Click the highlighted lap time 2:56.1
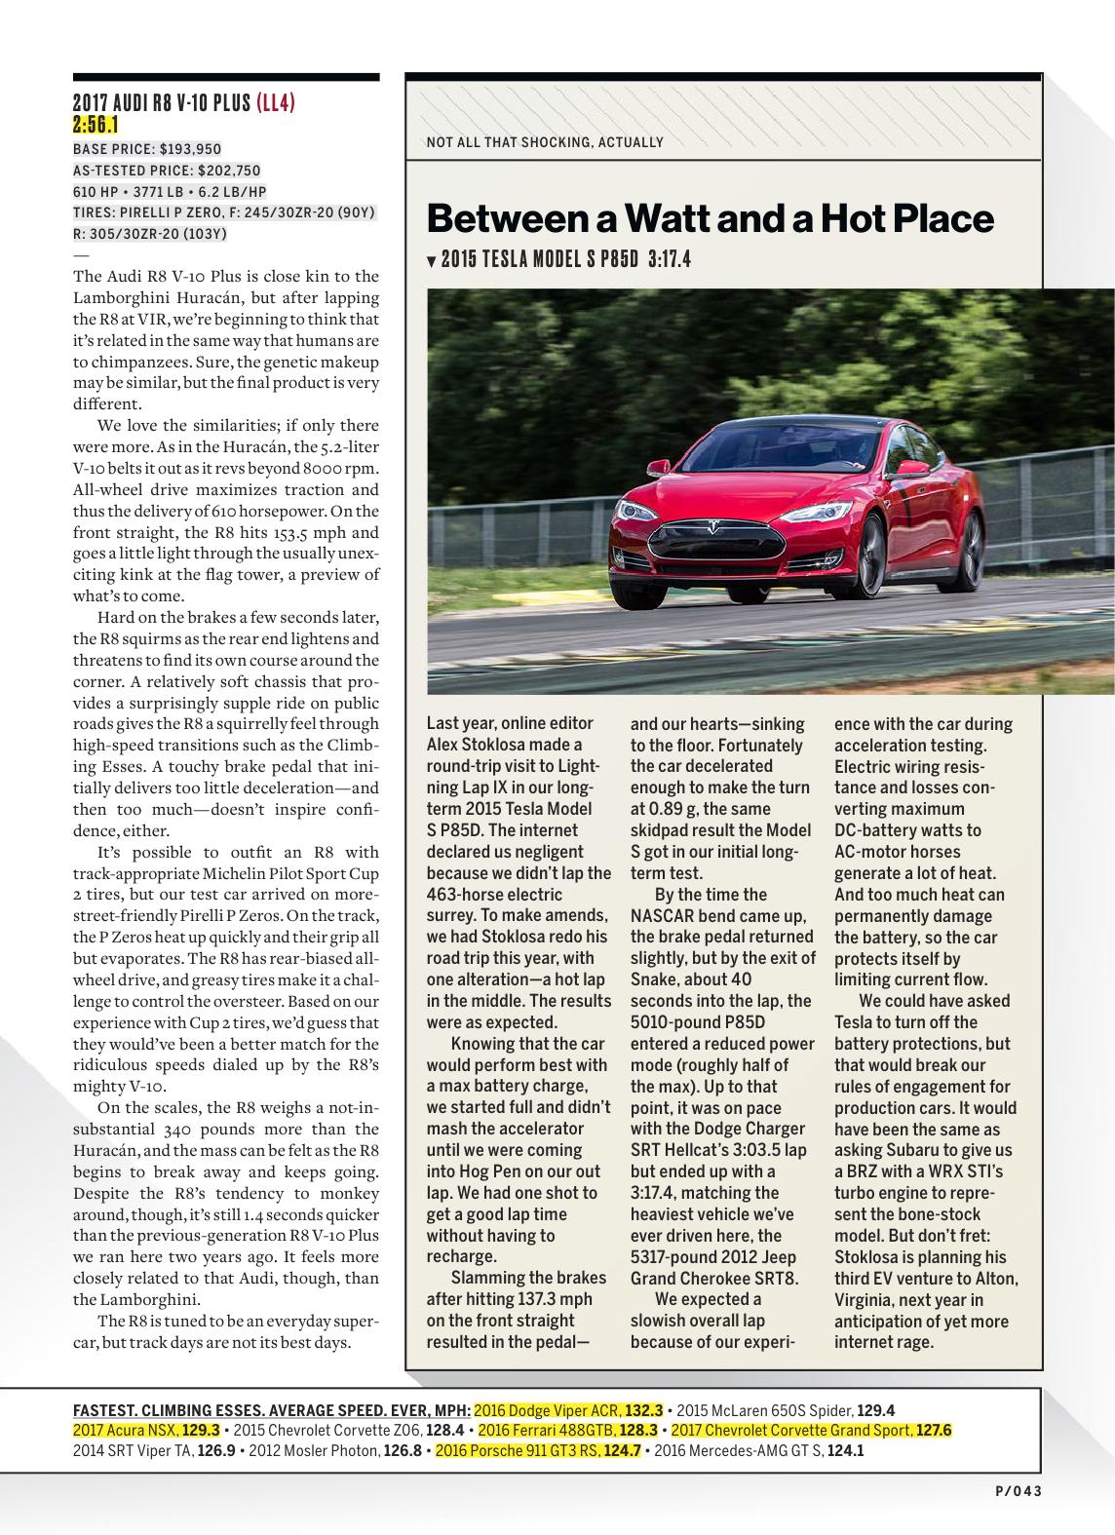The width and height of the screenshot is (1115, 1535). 96,124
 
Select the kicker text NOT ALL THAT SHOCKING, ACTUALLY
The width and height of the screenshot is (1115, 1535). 545,142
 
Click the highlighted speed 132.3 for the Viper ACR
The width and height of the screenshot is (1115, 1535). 643,1410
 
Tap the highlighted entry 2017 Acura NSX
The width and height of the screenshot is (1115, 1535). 126,1430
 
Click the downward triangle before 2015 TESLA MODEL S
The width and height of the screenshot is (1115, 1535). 432,261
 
